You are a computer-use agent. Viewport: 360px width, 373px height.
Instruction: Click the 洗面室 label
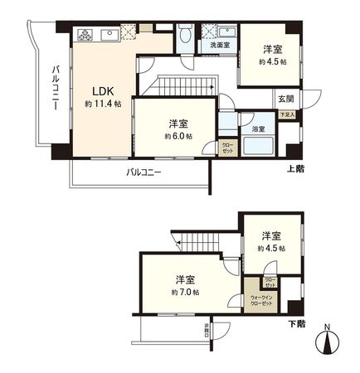click(220, 46)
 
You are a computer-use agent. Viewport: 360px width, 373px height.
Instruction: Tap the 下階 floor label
click(296, 322)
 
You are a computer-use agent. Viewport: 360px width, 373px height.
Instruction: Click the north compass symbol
click(329, 340)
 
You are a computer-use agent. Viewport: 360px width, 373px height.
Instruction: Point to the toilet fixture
click(187, 34)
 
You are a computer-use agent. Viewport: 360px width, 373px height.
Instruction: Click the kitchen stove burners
click(87, 34)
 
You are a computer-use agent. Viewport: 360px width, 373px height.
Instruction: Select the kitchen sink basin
click(110, 34)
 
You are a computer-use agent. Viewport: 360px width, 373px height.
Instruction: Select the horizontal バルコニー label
click(144, 172)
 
